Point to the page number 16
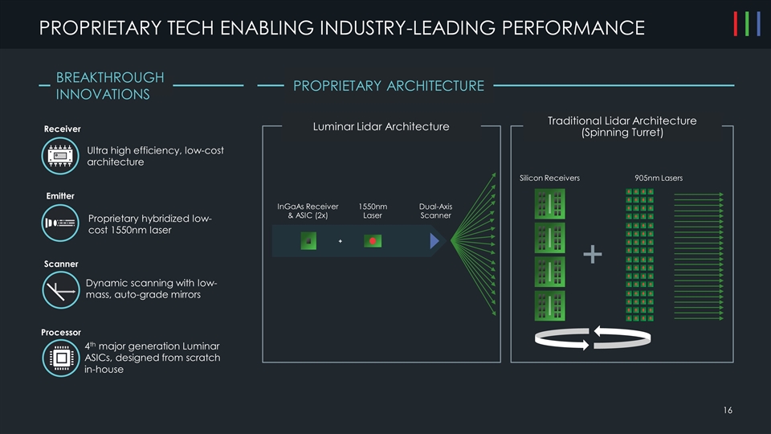coord(727,411)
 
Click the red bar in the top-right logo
coord(737,24)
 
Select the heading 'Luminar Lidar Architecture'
coord(380,126)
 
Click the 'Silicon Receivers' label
coord(549,178)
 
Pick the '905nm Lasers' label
coord(658,178)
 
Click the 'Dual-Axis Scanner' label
coord(435,211)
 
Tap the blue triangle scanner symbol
coord(434,240)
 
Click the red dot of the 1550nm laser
coord(373,240)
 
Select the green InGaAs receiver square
coord(308,240)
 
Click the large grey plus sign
coord(593,255)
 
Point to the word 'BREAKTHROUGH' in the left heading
coord(110,77)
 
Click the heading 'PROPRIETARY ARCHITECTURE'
coord(389,85)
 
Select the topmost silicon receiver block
coord(549,204)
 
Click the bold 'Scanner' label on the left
coord(60,264)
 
